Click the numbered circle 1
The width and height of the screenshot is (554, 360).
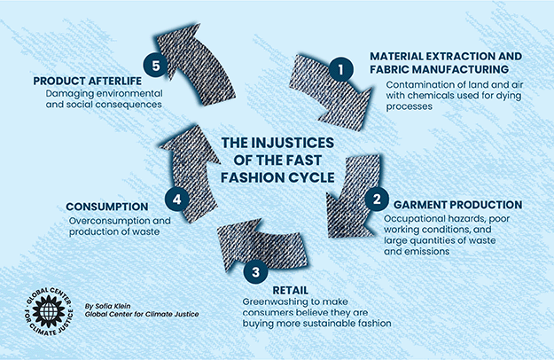(336, 67)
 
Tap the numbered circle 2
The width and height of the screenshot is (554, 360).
(376, 199)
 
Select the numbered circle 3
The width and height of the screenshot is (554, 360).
(255, 274)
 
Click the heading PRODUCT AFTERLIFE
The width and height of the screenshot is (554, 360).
(89, 80)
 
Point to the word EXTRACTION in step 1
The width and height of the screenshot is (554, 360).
(464, 56)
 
